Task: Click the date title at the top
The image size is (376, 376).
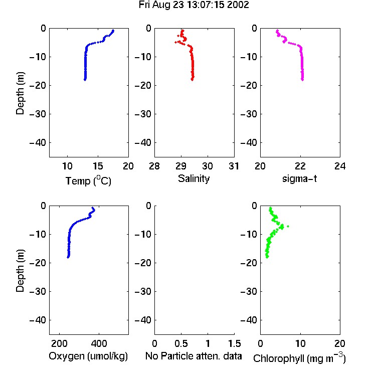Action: tap(194, 5)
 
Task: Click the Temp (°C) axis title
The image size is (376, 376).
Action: tap(88, 180)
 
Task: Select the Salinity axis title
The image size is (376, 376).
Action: tap(194, 178)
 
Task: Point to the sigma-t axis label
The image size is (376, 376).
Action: tap(299, 178)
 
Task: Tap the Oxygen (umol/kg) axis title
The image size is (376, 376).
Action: tap(88, 356)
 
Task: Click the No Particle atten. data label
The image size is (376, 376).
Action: tap(194, 356)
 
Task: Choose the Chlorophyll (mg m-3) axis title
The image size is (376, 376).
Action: tap(299, 358)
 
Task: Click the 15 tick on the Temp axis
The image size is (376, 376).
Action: tap(98, 166)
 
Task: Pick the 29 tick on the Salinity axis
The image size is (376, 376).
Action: tap(181, 166)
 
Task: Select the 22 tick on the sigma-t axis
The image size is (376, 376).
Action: tap(300, 166)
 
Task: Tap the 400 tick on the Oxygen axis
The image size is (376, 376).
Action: tap(99, 343)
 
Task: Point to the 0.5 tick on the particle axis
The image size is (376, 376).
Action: tap(181, 343)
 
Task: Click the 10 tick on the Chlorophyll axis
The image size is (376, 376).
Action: tap(300, 343)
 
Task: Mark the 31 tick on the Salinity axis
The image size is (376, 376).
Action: tap(234, 166)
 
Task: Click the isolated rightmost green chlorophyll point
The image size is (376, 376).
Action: tap(288, 226)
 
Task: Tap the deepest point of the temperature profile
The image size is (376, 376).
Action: tap(85, 80)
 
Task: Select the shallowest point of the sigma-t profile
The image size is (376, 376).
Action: tap(277, 31)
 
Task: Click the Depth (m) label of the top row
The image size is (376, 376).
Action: tap(20, 93)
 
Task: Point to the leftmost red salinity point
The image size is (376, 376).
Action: tap(176, 42)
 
